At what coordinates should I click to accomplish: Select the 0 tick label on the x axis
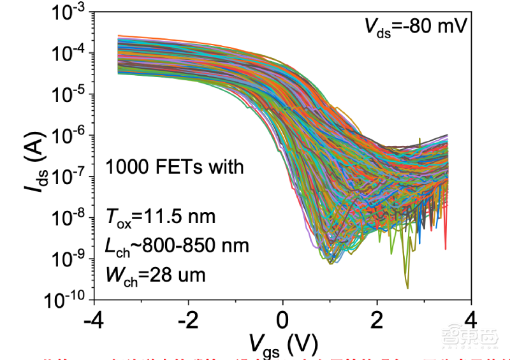coord(283,318)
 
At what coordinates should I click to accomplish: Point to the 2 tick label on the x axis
coord(377,318)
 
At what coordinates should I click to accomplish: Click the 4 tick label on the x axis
coord(471,318)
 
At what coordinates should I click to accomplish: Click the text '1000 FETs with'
coord(175,168)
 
